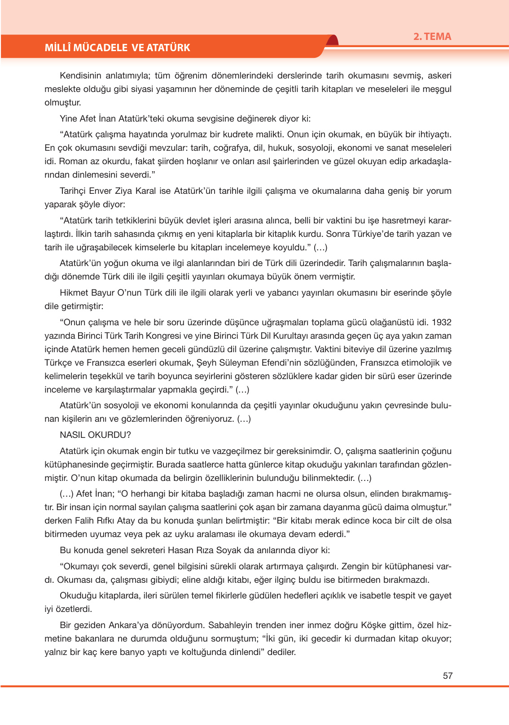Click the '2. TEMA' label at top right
[432, 37]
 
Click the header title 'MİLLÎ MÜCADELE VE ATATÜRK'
[117, 48]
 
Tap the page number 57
[448, 676]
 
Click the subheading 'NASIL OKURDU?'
[95, 435]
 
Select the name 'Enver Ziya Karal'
[122, 191]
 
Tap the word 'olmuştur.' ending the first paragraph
[62, 102]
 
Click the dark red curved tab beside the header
[332, 41]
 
